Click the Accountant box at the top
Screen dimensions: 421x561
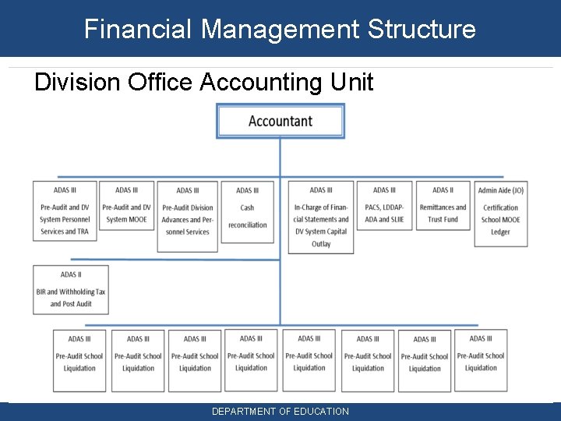pos(280,122)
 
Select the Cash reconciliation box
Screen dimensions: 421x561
pos(247,212)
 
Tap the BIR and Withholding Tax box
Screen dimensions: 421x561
pos(71,290)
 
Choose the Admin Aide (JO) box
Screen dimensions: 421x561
pos(500,214)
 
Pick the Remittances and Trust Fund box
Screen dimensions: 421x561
pos(443,207)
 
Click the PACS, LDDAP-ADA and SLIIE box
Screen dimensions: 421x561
pos(384,207)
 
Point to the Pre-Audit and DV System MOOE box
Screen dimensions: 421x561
pos(126,207)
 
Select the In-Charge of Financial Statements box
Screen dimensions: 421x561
pos(321,218)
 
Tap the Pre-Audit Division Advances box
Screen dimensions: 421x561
pos(187,217)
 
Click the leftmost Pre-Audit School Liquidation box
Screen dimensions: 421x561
pos(79,360)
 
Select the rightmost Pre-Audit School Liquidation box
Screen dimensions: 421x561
pos(481,360)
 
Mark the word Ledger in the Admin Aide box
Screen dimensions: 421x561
pos(500,232)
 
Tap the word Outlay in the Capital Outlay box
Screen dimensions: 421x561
pos(321,243)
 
